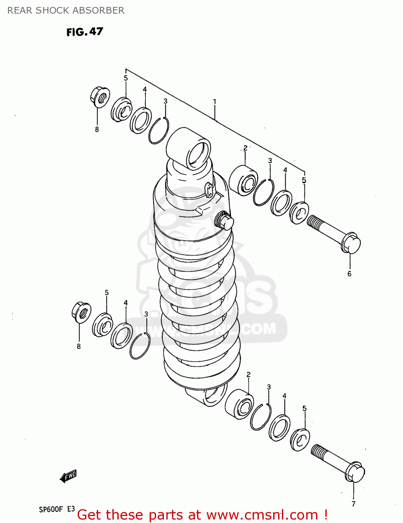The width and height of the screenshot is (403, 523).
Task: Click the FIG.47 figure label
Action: (85, 32)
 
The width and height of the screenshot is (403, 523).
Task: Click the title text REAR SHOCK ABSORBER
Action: (66, 10)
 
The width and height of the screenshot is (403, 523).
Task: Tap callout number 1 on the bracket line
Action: (215, 101)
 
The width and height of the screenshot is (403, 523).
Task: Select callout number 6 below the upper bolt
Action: (349, 274)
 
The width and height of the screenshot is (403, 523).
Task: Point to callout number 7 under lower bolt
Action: (353, 503)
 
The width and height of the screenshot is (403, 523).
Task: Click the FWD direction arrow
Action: (68, 476)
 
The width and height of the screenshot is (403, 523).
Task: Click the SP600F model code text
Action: (51, 509)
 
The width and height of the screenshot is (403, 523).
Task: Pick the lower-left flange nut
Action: (81, 312)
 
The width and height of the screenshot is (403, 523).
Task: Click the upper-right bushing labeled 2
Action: (243, 181)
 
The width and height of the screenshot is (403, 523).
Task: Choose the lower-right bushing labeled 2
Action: (239, 404)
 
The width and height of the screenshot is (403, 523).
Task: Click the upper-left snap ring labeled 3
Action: (159, 130)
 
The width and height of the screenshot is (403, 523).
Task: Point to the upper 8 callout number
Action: (97, 129)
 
